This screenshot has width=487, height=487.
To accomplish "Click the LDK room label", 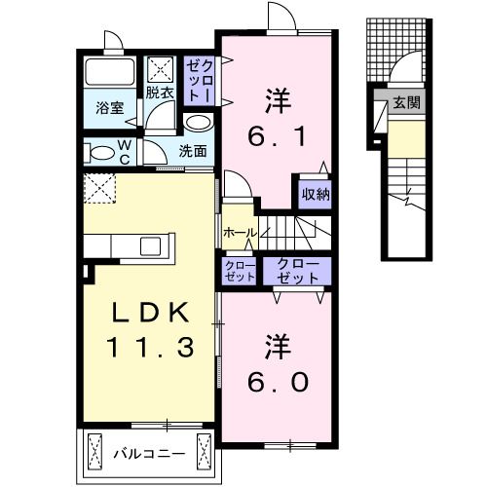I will click(145, 311).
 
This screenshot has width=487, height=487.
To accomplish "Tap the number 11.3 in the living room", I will click(145, 346).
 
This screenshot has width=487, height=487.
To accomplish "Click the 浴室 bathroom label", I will click(108, 108).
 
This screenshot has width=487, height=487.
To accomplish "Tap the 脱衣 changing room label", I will click(160, 94).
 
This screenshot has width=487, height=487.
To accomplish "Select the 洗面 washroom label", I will click(193, 151).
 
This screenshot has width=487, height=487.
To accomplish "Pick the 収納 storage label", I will click(314, 193).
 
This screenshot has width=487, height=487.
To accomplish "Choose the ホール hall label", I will click(239, 233).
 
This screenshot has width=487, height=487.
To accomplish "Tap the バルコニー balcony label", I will click(146, 453).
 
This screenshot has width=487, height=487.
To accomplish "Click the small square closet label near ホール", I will click(239, 270).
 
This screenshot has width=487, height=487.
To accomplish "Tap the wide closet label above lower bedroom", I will click(298, 270).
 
